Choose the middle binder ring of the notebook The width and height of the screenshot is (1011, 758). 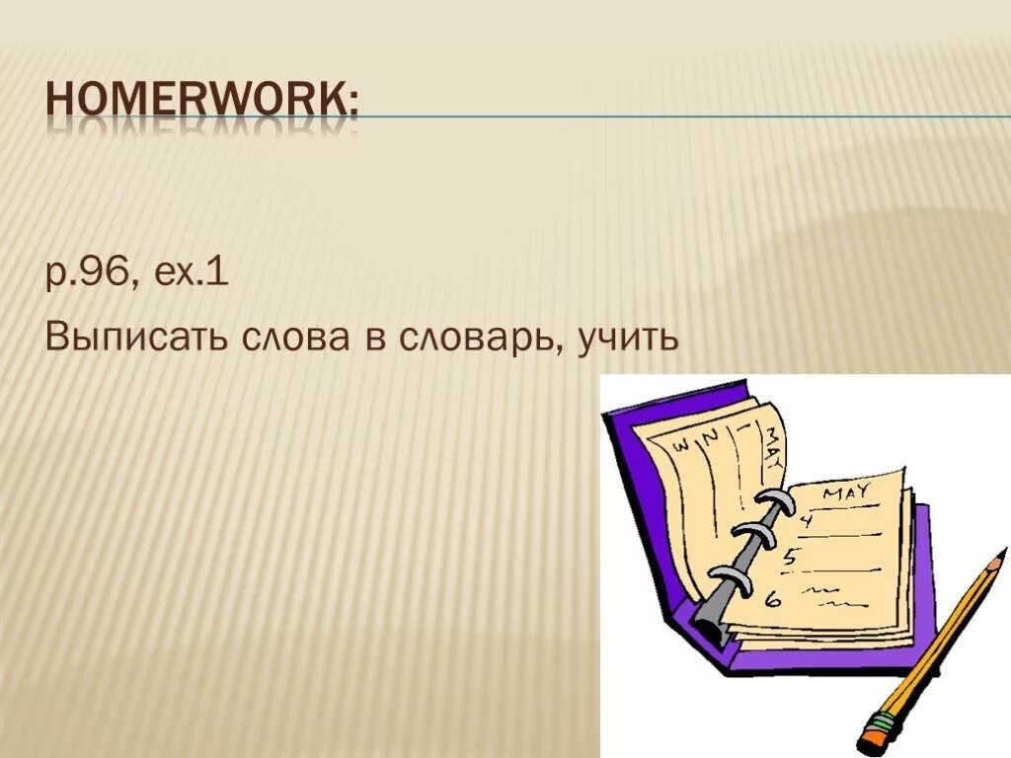coord(755,539)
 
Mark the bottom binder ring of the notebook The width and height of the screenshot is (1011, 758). coord(734,580)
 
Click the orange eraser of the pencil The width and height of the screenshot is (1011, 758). coord(875,736)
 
